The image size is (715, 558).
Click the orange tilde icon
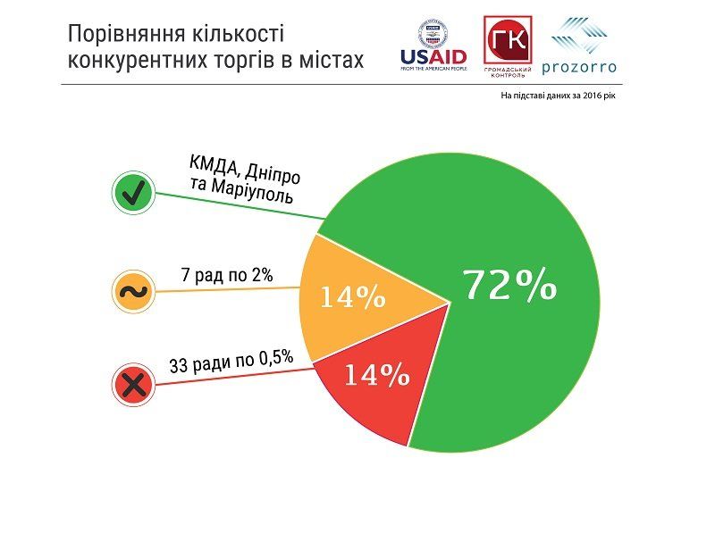pos(133,290)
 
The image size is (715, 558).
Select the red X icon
pos(133,385)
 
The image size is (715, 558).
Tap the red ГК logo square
pos(507,39)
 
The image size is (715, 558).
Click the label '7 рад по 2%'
pos(227,276)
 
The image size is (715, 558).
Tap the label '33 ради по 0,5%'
pos(231,363)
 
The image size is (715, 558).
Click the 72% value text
pos(509,286)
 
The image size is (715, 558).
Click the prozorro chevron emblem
pos(582,35)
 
